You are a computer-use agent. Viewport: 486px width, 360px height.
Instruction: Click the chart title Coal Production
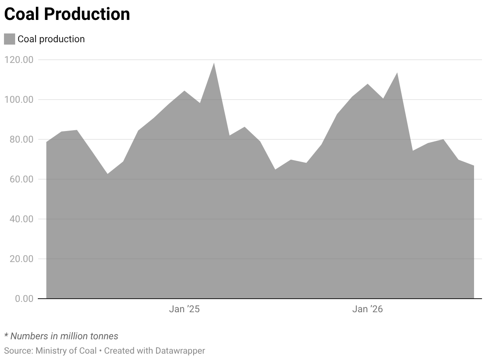pyautogui.click(x=67, y=14)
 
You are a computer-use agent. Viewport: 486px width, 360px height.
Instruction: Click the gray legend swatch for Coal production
pyautogui.click(x=10, y=39)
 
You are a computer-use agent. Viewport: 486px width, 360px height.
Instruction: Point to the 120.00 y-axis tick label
pyautogui.click(x=19, y=60)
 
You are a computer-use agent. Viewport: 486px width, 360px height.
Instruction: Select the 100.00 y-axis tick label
pyautogui.click(x=19, y=100)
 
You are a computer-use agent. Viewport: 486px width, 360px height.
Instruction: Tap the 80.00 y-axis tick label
pyautogui.click(x=22, y=139)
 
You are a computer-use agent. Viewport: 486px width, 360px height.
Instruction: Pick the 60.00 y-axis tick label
pyautogui.click(x=22, y=179)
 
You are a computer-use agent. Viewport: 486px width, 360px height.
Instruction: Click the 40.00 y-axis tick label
pyautogui.click(x=22, y=219)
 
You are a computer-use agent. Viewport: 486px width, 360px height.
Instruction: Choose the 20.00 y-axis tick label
pyautogui.click(x=22, y=259)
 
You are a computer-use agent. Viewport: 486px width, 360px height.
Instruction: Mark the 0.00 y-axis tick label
pyautogui.click(x=24, y=299)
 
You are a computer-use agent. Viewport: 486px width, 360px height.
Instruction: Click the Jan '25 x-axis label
pyautogui.click(x=184, y=309)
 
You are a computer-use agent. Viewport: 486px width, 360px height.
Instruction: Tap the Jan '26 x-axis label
pyautogui.click(x=367, y=309)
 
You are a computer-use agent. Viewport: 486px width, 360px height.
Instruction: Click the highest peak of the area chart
pyautogui.click(x=214, y=63)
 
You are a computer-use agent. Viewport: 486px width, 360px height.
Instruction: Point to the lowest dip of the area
pyautogui.click(x=108, y=174)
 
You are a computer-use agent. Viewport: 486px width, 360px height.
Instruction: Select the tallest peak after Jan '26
pyautogui.click(x=397, y=73)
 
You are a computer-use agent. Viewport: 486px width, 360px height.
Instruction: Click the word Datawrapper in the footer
pyautogui.click(x=180, y=351)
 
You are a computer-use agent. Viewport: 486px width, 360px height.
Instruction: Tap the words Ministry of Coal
pyautogui.click(x=66, y=351)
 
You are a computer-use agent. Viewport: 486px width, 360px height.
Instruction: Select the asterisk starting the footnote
pyautogui.click(x=6, y=335)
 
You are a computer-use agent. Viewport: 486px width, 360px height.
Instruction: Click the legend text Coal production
pyautogui.click(x=51, y=39)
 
